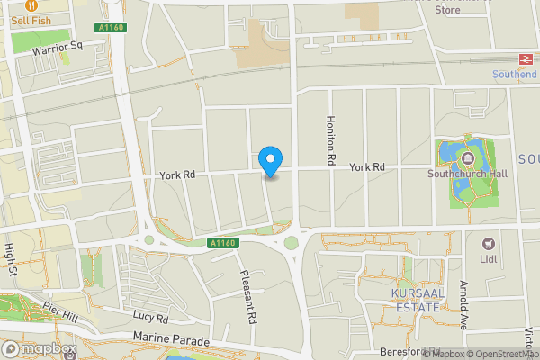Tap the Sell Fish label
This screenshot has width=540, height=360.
point(31,20)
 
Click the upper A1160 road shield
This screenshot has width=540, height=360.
point(111,28)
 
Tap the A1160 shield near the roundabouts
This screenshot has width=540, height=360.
point(220,243)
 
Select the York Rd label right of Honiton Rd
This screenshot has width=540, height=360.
point(367,167)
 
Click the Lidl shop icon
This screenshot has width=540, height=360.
point(490,244)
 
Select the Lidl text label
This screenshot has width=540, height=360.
point(490,260)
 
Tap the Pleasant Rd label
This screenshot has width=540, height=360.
point(247,296)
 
